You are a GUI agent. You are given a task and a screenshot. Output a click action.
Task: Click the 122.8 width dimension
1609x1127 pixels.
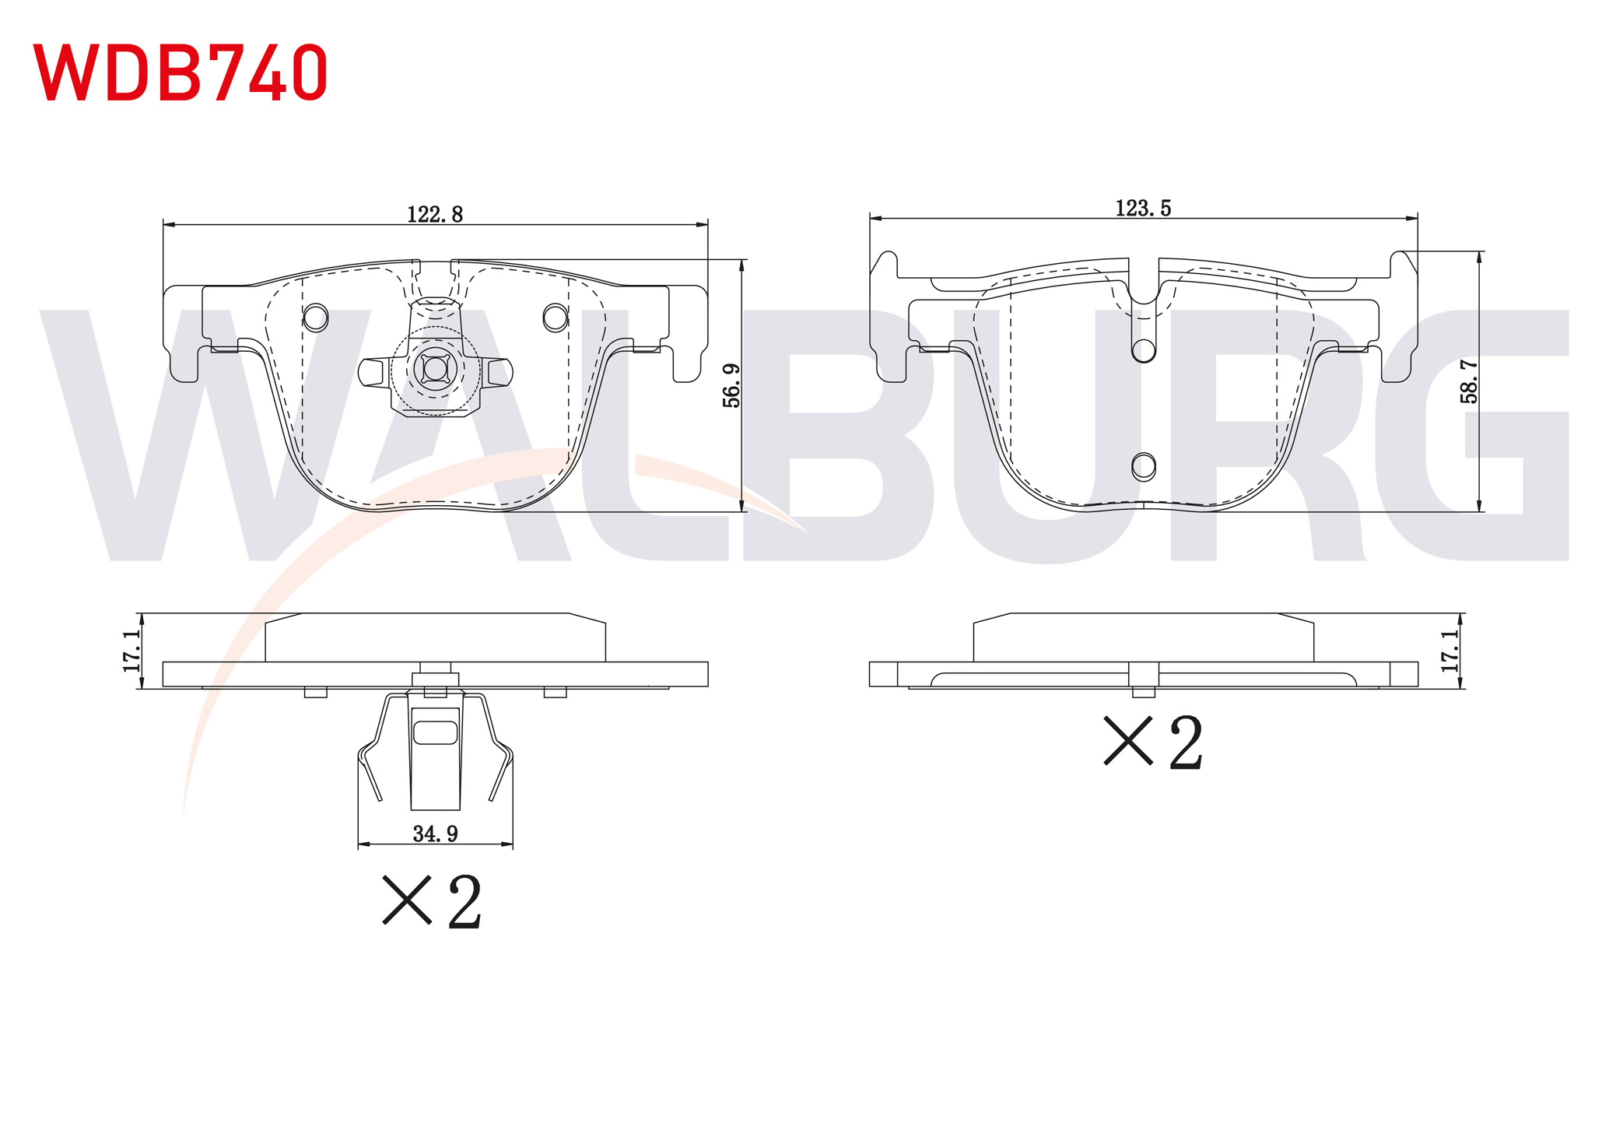pos(435,214)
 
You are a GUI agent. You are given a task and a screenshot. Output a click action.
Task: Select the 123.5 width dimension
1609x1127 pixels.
pos(1143,208)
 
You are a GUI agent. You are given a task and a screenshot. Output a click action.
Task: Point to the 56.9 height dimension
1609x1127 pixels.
pos(731,385)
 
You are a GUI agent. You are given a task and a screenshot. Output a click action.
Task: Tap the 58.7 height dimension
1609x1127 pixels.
pos(1469,381)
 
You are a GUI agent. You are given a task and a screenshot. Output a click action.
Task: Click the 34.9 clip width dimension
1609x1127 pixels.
pos(435,834)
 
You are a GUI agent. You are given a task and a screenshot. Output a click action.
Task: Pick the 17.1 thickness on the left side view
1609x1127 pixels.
pos(131,651)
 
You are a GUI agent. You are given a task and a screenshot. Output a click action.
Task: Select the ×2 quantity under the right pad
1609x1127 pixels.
pos(1153,743)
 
